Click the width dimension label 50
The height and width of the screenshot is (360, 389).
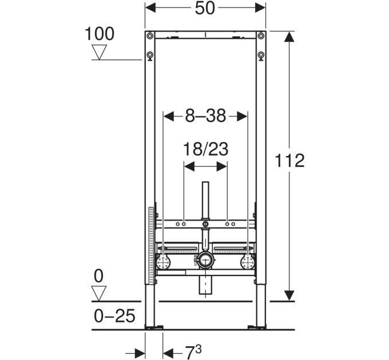(x=205, y=8)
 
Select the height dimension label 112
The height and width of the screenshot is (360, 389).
(x=289, y=161)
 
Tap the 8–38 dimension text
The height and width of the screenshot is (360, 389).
(x=206, y=115)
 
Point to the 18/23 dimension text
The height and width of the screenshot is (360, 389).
(x=205, y=149)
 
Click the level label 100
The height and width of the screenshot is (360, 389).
(x=100, y=34)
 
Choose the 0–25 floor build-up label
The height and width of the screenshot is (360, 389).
(x=115, y=315)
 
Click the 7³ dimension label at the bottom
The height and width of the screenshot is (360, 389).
(x=193, y=352)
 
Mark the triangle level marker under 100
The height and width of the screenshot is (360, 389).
(x=99, y=52)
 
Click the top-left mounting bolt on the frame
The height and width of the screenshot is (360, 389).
(x=150, y=36)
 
